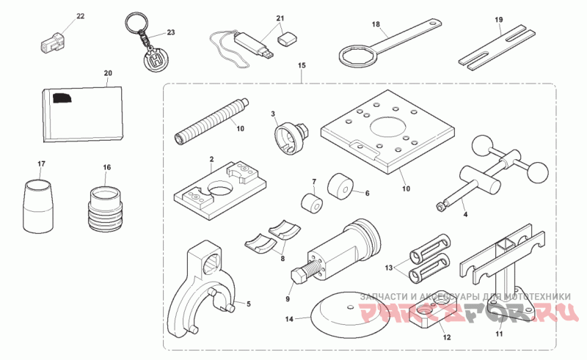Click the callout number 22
pos(80,15)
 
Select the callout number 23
pos(171,33)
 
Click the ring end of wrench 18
pos(357,55)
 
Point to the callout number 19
pos(498,19)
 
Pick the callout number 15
pos(302,67)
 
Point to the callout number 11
pos(499,335)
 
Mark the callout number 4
pos(464,216)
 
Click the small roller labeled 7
pos(311,202)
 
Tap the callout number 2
pos(211,159)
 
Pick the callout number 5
pos(248,303)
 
